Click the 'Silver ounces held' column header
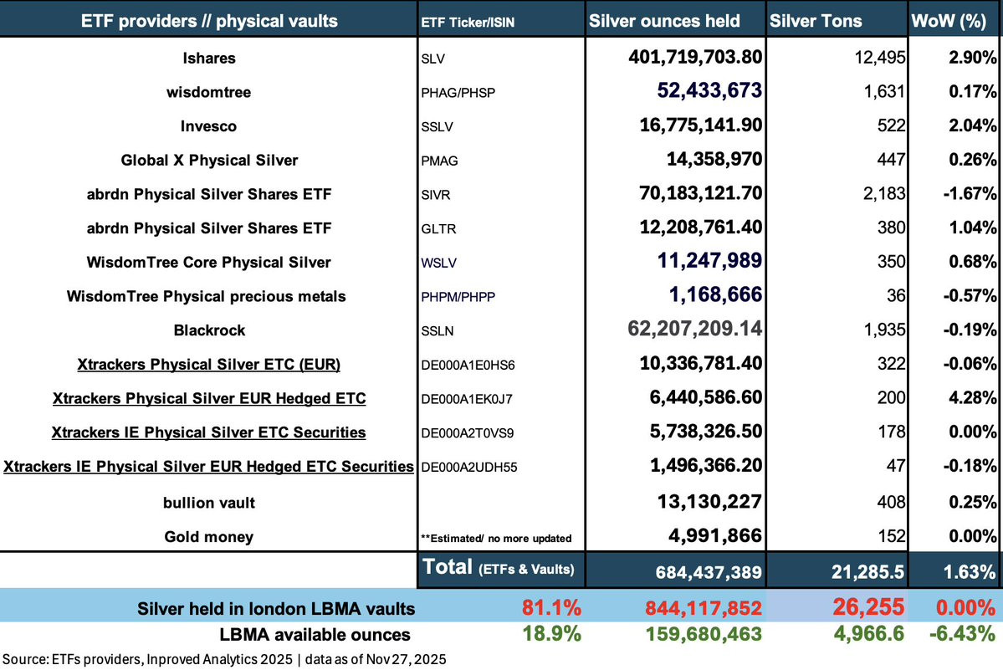click(664, 21)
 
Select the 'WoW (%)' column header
click(949, 21)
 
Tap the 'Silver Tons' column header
click(816, 21)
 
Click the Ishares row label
click(209, 59)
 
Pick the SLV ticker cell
click(433, 59)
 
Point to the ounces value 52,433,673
click(709, 91)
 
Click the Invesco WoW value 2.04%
click(972, 125)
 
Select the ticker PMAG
click(439, 161)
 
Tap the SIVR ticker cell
click(436, 194)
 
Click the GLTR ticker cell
click(439, 228)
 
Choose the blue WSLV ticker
click(439, 262)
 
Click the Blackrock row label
click(209, 330)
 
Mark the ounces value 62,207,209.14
click(694, 329)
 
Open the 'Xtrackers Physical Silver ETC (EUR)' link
click(208, 365)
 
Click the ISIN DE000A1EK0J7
click(467, 399)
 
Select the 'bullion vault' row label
click(209, 503)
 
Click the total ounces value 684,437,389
click(709, 572)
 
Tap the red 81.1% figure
click(551, 607)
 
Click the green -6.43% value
click(963, 633)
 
